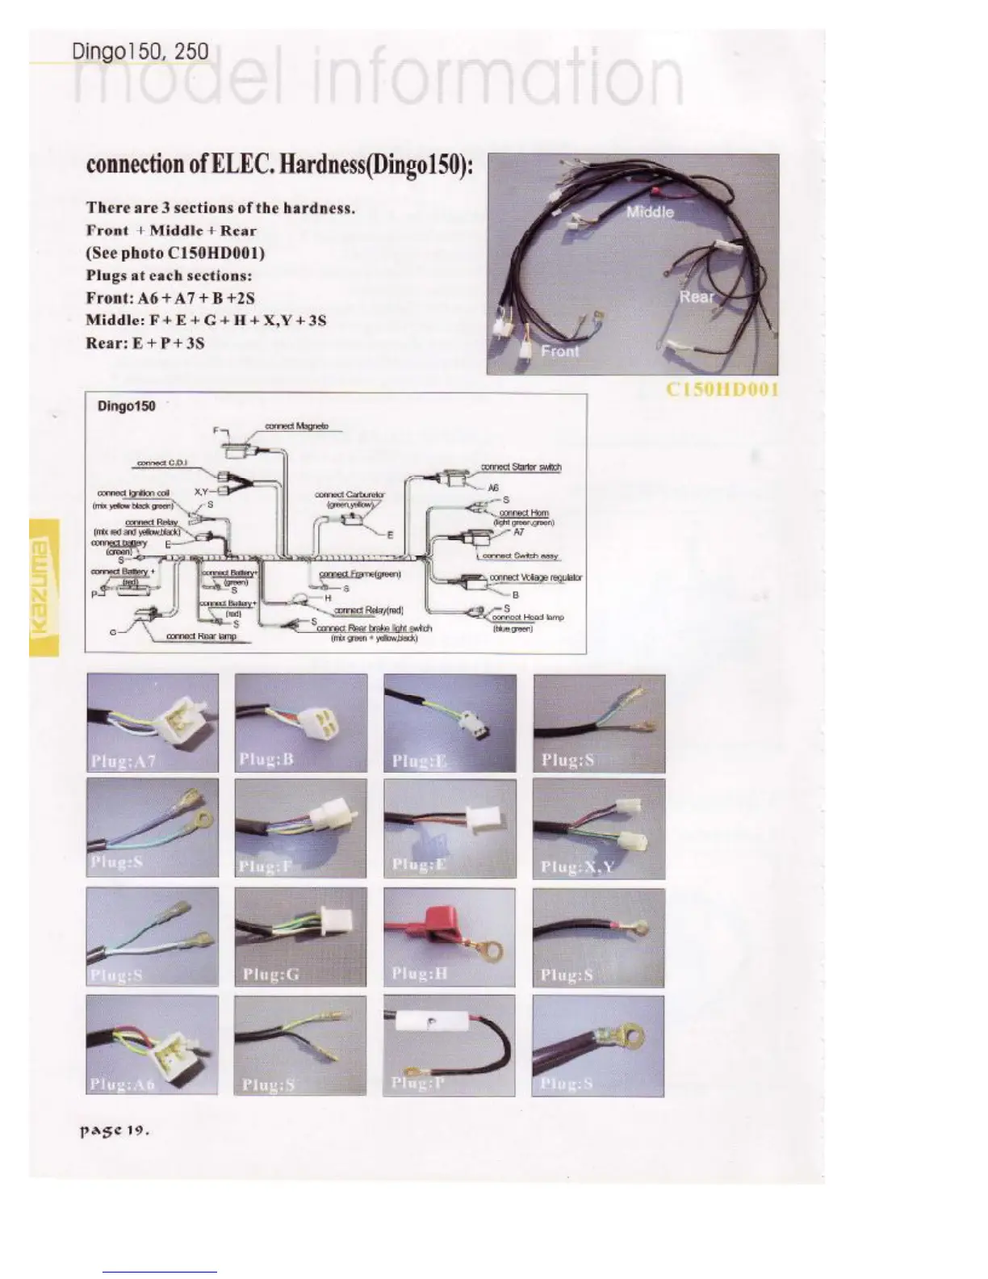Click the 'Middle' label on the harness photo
click(650, 212)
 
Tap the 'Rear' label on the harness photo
click(696, 296)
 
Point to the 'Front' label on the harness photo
click(559, 351)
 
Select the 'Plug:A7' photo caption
click(123, 760)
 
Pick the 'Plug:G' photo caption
click(271, 975)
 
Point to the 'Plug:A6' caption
click(123, 1084)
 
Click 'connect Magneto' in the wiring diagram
click(296, 426)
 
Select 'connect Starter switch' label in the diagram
click(521, 467)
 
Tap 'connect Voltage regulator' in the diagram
click(535, 577)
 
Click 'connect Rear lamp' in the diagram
click(201, 636)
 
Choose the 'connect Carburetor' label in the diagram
click(350, 494)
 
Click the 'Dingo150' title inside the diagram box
click(127, 405)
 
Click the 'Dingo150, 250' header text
click(140, 52)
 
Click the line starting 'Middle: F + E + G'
click(206, 321)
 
